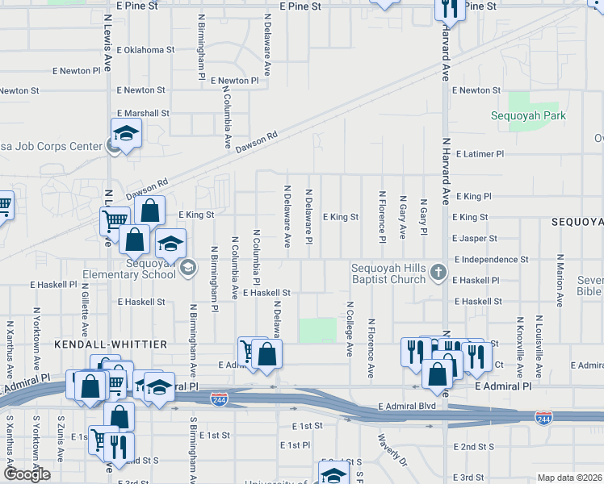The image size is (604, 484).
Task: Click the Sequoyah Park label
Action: point(529,115)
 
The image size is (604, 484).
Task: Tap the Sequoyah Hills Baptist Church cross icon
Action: point(438,271)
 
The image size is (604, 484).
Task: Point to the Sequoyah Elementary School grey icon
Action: point(187,268)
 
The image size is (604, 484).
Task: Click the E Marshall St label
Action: point(143,114)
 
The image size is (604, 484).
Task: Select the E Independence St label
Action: point(491,260)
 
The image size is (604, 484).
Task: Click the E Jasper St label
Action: point(475,239)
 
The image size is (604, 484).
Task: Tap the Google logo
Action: point(27,474)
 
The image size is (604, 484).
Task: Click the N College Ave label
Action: point(350,329)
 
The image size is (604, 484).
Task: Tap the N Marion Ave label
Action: point(559,280)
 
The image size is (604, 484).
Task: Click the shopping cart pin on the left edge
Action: point(4,206)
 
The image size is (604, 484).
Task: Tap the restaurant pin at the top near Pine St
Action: point(449,8)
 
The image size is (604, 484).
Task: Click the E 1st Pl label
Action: point(296,445)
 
